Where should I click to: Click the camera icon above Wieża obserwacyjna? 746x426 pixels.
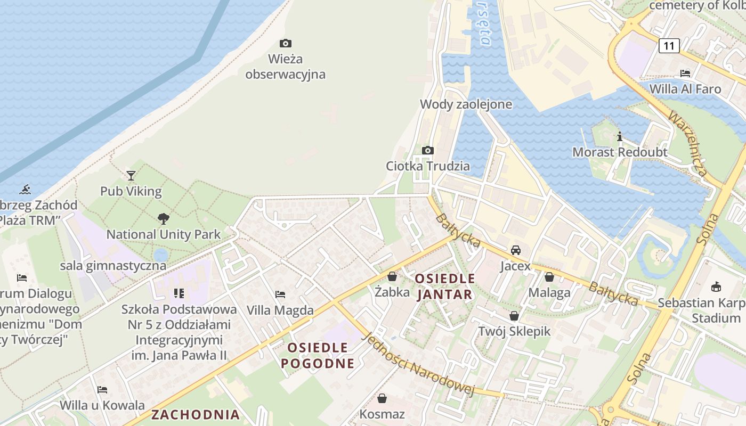(286, 43)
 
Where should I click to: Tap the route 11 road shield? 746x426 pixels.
(669, 46)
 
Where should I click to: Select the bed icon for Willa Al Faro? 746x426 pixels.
(685, 73)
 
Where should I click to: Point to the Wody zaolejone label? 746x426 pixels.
(466, 104)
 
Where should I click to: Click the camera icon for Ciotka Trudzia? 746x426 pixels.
(427, 150)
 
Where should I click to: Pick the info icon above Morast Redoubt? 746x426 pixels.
(619, 136)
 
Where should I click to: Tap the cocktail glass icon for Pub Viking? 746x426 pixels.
(131, 175)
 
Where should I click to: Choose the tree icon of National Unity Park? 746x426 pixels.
(164, 218)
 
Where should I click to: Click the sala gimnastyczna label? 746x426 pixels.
(113, 265)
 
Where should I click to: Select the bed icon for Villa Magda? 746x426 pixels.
(280, 294)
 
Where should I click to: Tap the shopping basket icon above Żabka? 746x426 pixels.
(392, 276)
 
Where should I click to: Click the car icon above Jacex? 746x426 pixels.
(515, 250)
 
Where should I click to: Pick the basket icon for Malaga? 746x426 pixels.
(549, 277)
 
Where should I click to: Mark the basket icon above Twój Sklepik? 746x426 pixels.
(514, 316)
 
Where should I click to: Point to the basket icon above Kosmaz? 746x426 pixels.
(382, 398)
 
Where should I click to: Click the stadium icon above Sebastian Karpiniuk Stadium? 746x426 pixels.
(716, 286)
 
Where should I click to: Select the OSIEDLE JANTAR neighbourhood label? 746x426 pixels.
(445, 286)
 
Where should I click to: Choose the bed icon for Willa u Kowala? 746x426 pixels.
(102, 390)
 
